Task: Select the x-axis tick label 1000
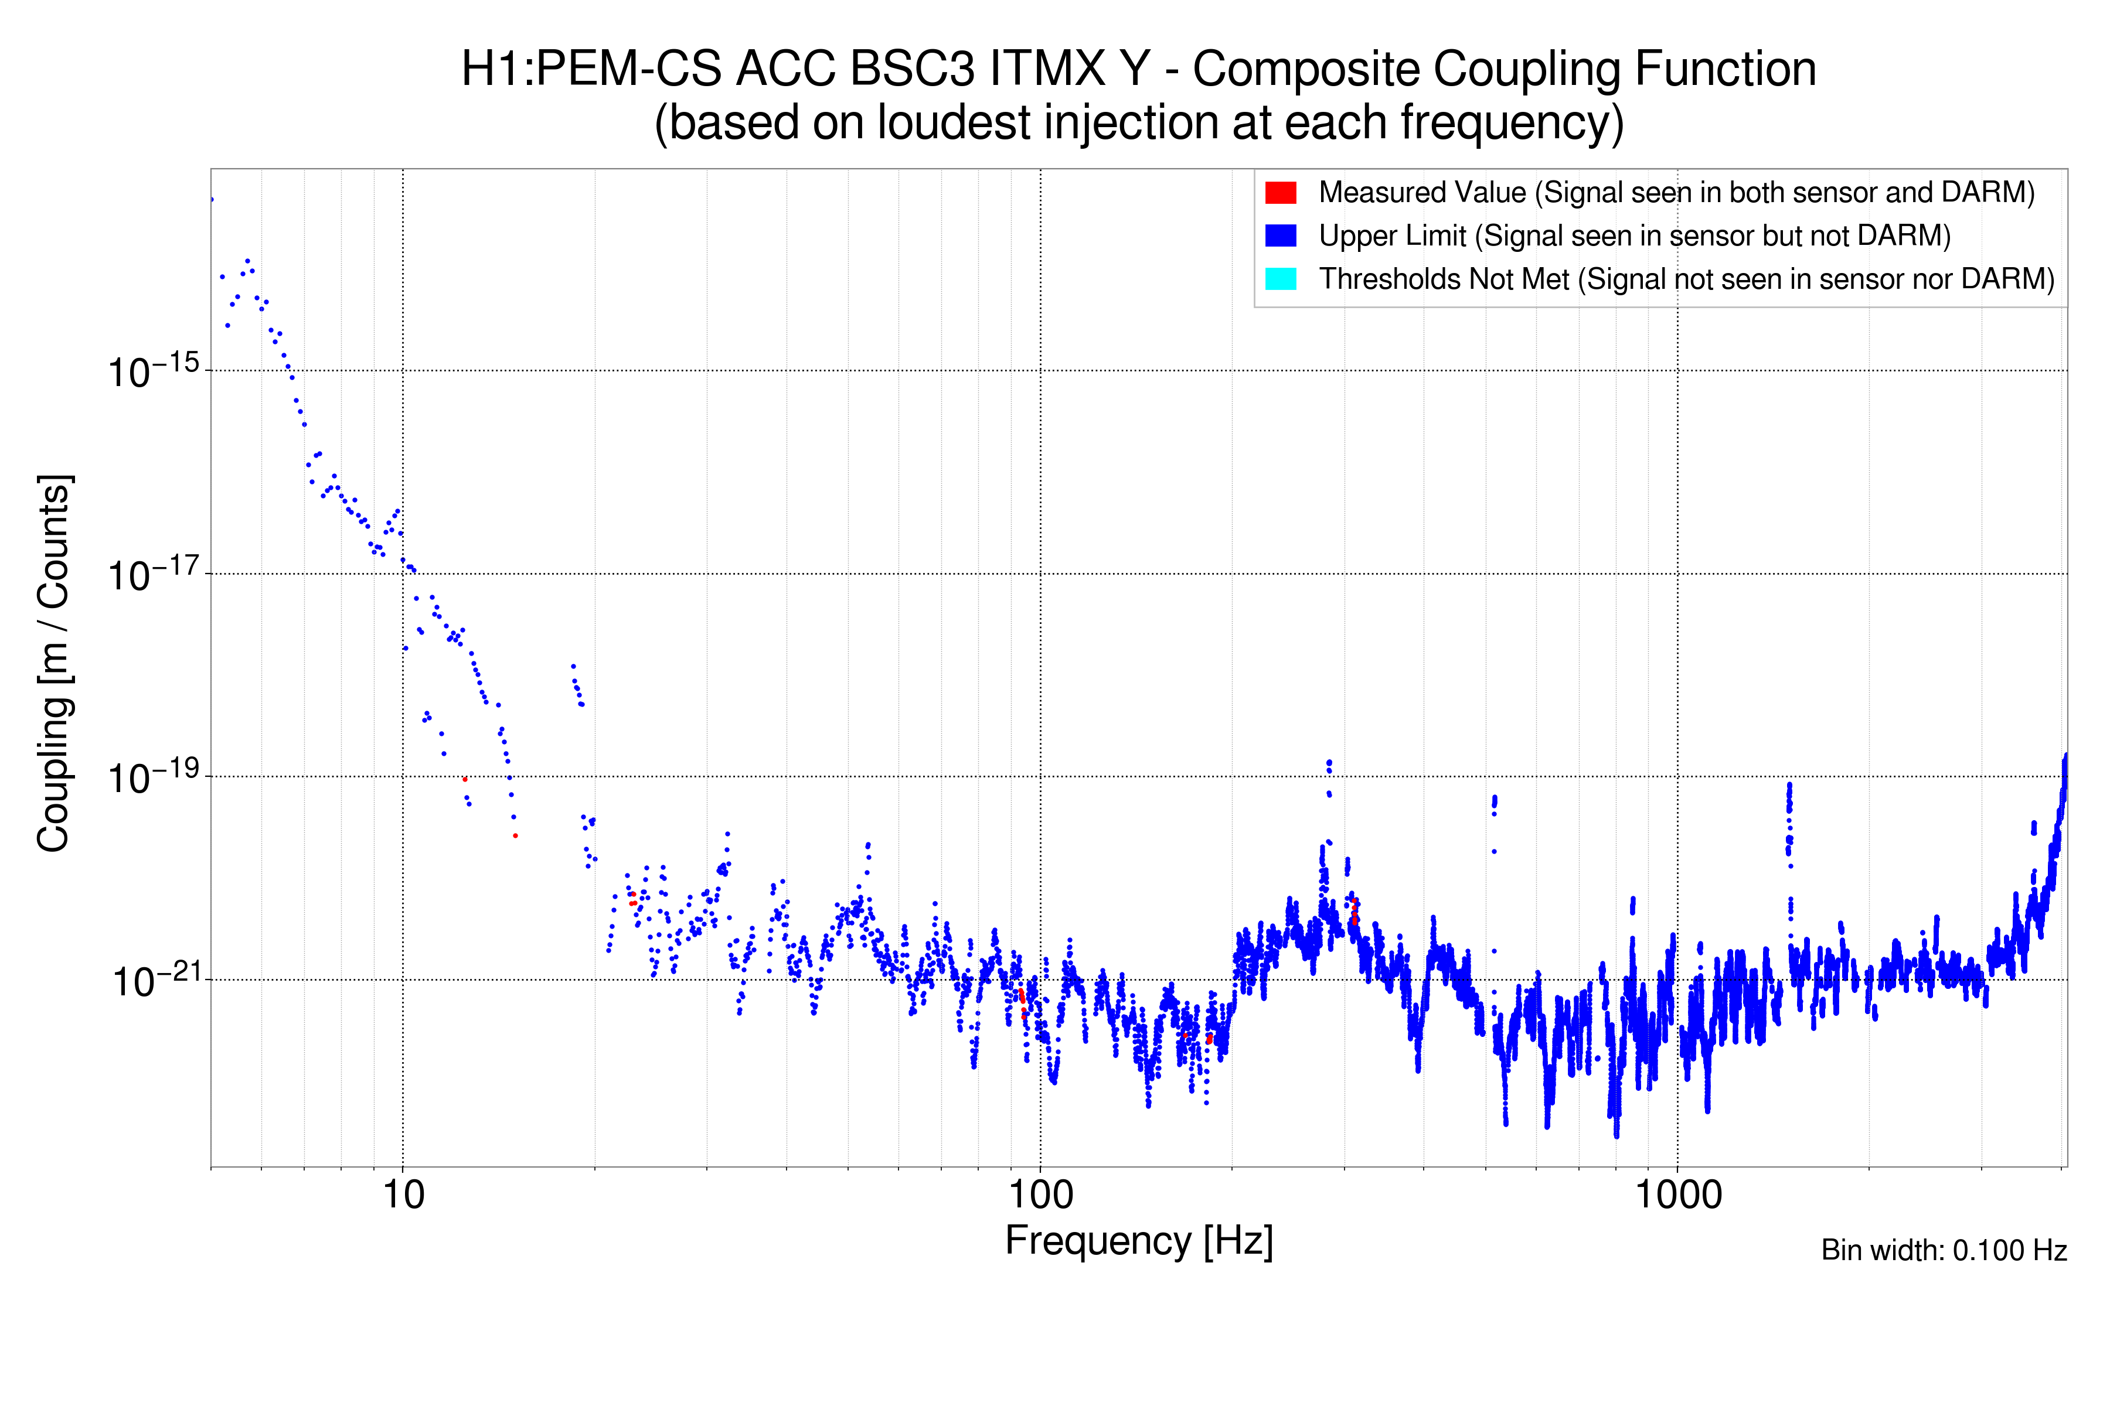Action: coord(1677,1195)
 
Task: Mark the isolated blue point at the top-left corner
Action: coord(212,199)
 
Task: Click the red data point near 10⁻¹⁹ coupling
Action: coord(465,779)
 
